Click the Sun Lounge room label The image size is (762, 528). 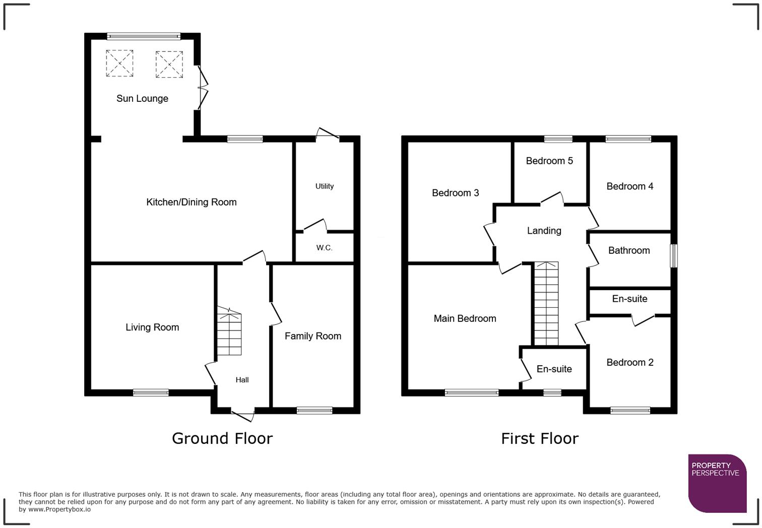142,99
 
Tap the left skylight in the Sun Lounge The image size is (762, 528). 119,63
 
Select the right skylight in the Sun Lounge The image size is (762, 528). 169,64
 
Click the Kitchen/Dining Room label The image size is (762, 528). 191,203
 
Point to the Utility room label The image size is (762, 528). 324,186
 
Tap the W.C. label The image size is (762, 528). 324,248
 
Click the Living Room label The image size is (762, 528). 152,327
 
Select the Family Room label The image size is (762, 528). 312,336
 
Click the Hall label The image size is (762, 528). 242,380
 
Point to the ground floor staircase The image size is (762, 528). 229,333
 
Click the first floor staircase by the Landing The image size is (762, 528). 546,304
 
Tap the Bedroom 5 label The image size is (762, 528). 549,161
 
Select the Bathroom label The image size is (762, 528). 628,250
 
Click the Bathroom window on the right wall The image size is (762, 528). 673,256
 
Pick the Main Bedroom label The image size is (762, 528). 465,318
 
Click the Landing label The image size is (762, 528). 544,231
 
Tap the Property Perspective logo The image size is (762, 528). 717,483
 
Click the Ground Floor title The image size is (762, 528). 222,438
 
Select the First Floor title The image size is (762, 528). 539,438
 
